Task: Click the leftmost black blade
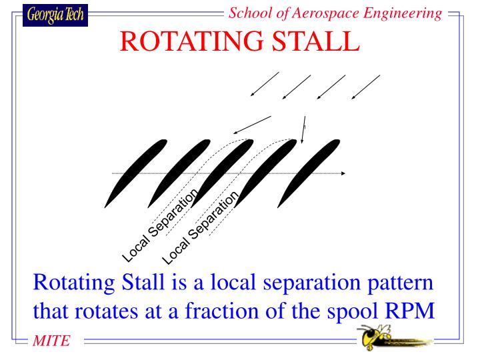135,173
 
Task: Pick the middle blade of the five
223,173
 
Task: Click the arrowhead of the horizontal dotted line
343,173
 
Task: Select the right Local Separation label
201,226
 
